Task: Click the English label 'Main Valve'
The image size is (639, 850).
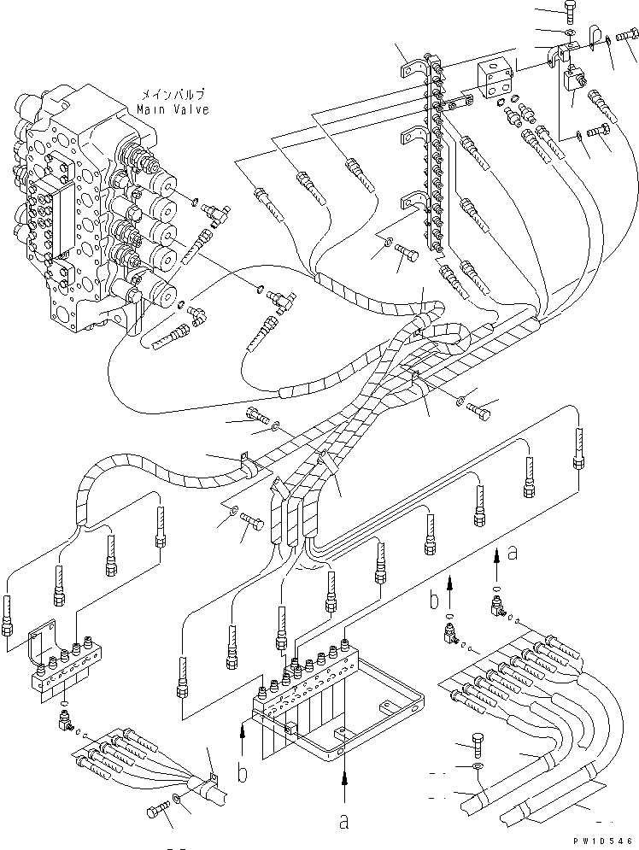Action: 173,110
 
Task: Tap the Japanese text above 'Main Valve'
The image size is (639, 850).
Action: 173,94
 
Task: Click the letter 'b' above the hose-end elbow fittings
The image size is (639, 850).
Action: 434,600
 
